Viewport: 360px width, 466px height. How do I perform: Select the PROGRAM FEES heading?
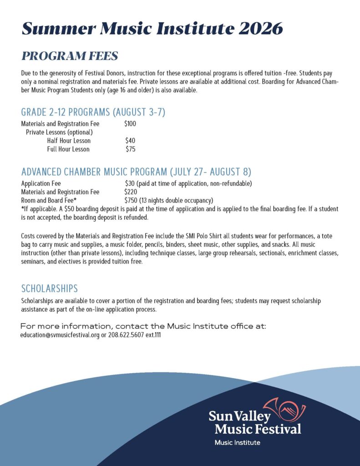coord(70,56)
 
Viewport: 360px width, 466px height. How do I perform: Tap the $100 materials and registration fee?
coord(130,123)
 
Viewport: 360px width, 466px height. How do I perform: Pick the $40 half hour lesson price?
coord(130,141)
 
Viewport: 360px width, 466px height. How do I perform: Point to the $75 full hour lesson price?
coord(130,149)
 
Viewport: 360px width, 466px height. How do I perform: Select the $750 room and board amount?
coord(131,200)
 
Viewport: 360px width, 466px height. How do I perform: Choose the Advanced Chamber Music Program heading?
coord(136,172)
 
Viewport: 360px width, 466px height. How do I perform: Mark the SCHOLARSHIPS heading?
coord(50,289)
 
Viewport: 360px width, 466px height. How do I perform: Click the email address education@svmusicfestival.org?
coord(60,335)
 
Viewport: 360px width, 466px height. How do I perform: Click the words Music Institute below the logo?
coord(238,442)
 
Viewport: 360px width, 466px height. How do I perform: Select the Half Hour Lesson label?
coord(69,141)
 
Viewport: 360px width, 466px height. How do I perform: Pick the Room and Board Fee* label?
coord(49,200)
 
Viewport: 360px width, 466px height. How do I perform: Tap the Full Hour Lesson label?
coord(68,149)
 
